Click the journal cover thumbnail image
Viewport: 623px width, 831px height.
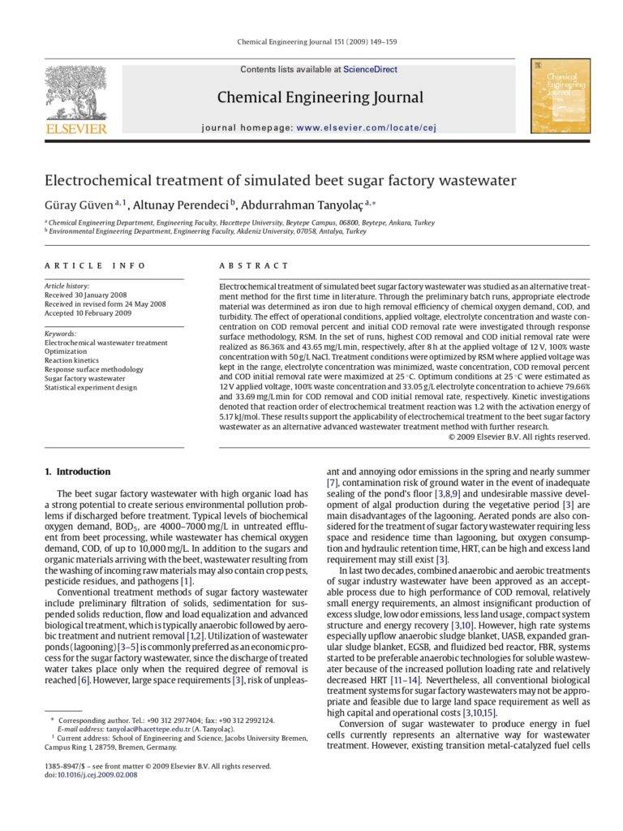coord(560,96)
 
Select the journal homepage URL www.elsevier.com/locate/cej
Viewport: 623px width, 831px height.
coord(366,127)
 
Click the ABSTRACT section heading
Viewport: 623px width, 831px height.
coord(254,265)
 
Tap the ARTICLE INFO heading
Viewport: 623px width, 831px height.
coord(95,265)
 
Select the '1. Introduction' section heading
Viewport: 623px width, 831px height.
coord(77,471)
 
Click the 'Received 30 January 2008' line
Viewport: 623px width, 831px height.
coord(85,295)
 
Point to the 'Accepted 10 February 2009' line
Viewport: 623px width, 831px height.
coord(88,313)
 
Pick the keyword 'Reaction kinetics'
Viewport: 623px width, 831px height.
coord(71,360)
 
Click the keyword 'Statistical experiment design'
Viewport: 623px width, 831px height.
coord(91,388)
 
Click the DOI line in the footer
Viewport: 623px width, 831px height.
coord(91,775)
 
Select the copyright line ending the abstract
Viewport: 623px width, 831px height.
coord(518,437)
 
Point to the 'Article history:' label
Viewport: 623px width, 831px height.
coord(67,286)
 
